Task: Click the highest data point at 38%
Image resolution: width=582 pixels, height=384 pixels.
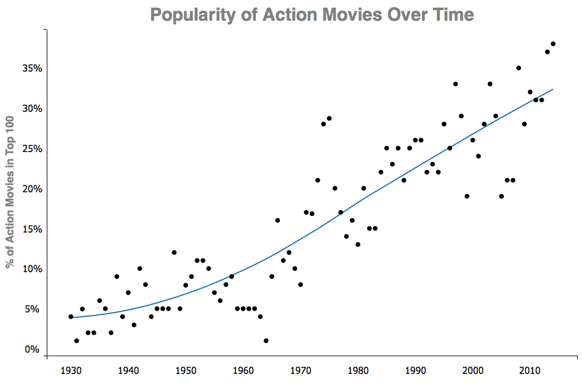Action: [x=553, y=44]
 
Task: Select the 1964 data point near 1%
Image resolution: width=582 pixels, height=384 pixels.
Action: [x=266, y=340]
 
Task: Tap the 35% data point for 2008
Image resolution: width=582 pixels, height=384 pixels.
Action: [x=518, y=68]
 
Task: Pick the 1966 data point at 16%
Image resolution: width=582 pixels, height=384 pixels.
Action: [x=277, y=220]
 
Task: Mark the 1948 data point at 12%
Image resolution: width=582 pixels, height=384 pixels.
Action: [x=174, y=252]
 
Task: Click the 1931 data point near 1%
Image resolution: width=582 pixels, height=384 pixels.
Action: [x=76, y=340]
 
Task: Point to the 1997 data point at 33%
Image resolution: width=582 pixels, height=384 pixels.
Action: [x=455, y=84]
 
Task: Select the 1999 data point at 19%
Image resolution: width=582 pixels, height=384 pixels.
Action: [x=467, y=196]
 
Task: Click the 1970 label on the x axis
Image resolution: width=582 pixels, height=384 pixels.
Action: [x=300, y=371]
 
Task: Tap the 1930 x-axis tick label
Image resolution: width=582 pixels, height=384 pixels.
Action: [x=70, y=371]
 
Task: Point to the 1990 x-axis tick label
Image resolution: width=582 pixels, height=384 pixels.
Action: [x=415, y=371]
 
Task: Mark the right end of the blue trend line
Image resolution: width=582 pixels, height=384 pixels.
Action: [x=552, y=89]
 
